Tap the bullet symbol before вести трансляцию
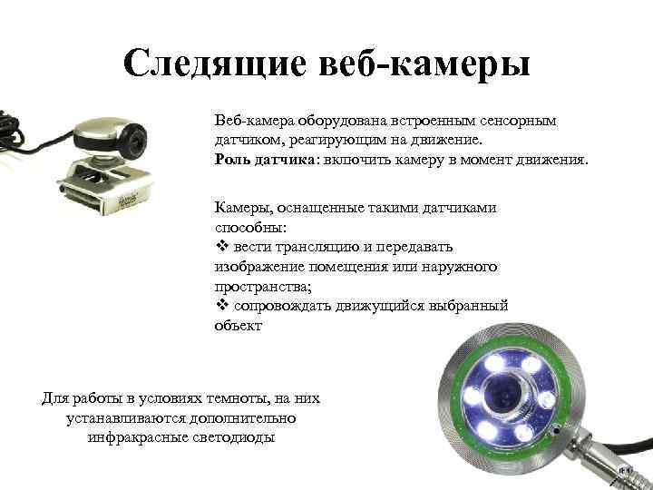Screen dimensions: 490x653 click(220, 246)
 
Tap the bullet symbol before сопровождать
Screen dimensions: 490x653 click(220, 306)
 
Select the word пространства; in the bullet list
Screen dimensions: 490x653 click(261, 286)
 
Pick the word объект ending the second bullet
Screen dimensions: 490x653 click(239, 326)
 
